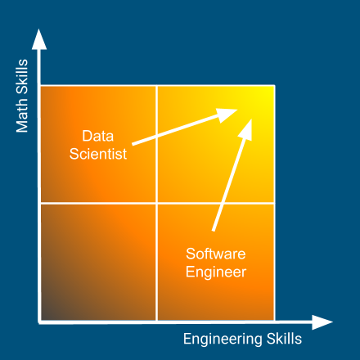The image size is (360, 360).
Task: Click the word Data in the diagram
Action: tap(98, 136)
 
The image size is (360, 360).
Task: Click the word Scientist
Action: tap(98, 154)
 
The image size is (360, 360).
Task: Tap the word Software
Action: tap(216, 254)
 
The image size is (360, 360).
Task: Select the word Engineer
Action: tap(216, 272)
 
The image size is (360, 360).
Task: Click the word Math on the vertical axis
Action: tap(22, 115)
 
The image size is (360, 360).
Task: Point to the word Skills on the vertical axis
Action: tap(22, 77)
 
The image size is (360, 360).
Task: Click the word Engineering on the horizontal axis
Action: tap(223, 340)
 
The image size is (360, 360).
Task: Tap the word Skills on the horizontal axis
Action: tap(284, 339)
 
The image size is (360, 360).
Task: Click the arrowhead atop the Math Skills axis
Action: tap(39, 39)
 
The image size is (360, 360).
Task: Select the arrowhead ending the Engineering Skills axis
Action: tap(322, 322)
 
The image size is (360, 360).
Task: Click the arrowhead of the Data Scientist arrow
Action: tap(227, 115)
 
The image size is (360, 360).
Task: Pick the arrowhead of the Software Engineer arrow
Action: tap(246, 130)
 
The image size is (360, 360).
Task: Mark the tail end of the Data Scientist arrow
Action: tap(133, 144)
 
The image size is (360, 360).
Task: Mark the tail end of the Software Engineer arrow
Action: tap(214, 231)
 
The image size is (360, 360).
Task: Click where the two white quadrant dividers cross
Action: tap(157, 203)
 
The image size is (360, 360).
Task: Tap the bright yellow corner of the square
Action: tap(273, 87)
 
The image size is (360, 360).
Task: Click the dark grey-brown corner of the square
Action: tap(43, 319)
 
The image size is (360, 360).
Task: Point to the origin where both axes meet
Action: tap(39, 322)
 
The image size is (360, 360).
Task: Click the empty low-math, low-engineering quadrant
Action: tap(98, 263)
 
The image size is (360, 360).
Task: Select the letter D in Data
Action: tap(86, 136)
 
